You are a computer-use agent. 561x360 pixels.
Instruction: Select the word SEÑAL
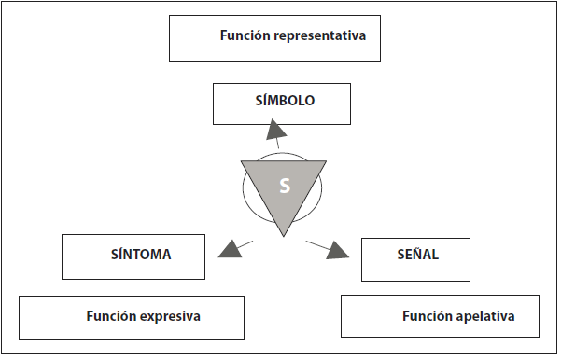pyautogui.click(x=412, y=253)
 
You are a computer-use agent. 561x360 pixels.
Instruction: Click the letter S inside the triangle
pyautogui.click(x=285, y=186)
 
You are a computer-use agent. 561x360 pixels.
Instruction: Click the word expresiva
pyautogui.click(x=167, y=315)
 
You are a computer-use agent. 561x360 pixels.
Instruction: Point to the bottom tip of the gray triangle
pyautogui.click(x=285, y=235)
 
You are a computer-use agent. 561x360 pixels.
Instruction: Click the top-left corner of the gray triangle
pyautogui.click(x=243, y=161)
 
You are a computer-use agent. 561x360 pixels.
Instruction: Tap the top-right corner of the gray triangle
pyautogui.click(x=327, y=161)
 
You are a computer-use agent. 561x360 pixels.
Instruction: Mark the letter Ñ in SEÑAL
pyautogui.click(x=410, y=253)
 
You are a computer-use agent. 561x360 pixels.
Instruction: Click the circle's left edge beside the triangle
pyautogui.click(x=244, y=191)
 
